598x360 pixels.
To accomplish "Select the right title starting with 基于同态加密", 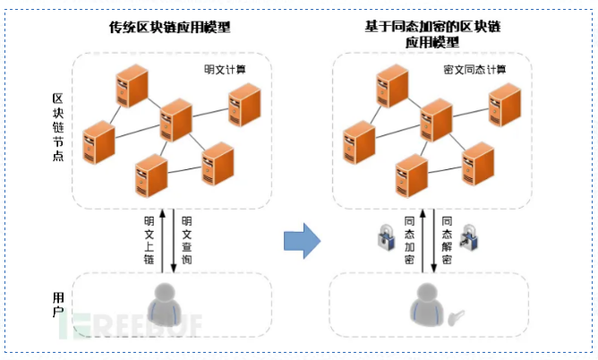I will coord(423,34).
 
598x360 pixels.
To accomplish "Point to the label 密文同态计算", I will coord(474,68).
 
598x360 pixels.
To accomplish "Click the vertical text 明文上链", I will coord(149,239).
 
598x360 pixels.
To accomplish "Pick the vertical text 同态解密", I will coord(447,239).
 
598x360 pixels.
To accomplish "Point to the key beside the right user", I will coord(457,315).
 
